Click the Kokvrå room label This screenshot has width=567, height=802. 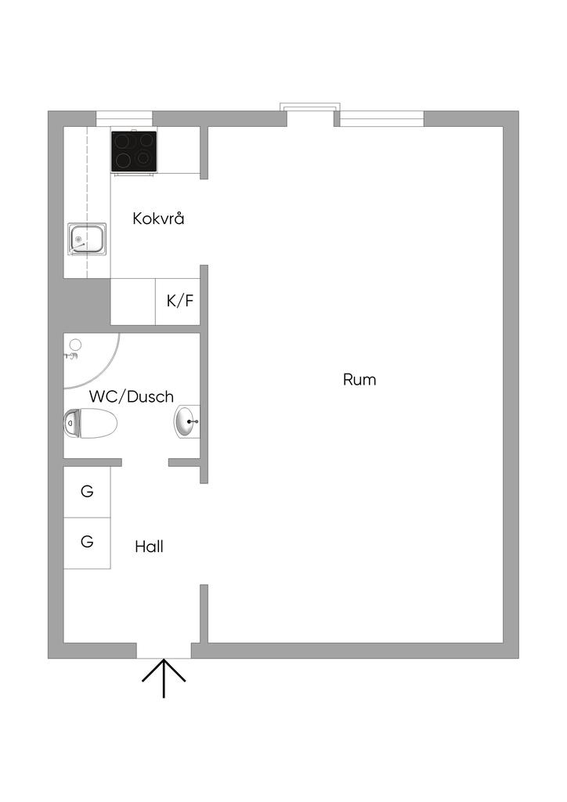click(x=158, y=218)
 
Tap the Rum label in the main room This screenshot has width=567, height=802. click(x=359, y=380)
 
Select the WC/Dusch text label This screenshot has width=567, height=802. click(x=131, y=396)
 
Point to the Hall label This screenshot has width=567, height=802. click(x=149, y=547)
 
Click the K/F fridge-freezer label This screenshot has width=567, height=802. click(x=179, y=301)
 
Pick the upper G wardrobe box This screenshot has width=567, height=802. click(x=87, y=492)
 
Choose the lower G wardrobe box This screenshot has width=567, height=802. click(x=87, y=542)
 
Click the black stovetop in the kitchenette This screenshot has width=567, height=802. click(x=134, y=150)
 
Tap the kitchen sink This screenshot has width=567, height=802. click(x=87, y=239)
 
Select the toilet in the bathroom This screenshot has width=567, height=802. click(x=90, y=423)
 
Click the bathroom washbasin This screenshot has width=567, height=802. click(x=186, y=422)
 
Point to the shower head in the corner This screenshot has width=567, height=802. click(x=74, y=347)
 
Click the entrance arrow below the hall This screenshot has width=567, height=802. click(x=164, y=678)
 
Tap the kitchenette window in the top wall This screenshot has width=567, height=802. click(x=124, y=118)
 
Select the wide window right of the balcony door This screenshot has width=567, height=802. click(x=381, y=118)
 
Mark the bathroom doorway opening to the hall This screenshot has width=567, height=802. click(x=145, y=463)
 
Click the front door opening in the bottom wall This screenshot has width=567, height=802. click(x=164, y=650)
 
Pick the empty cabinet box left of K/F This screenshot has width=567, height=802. click(x=132, y=302)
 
